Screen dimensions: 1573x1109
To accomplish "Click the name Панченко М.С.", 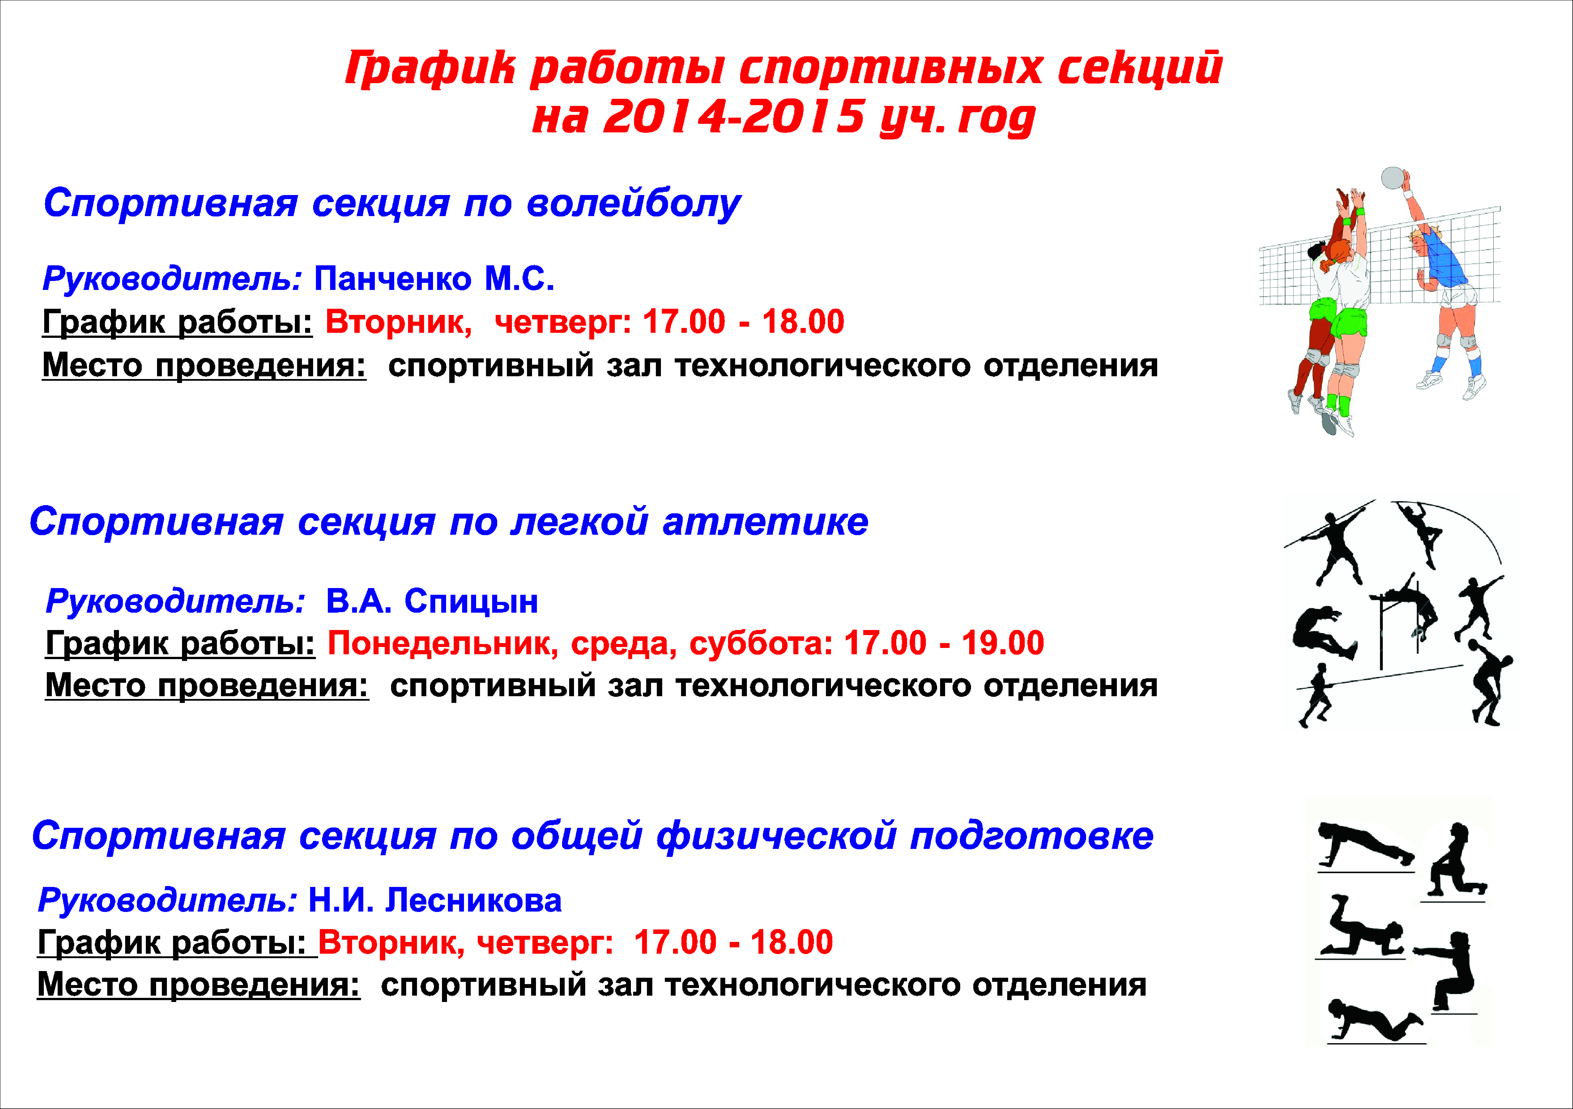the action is pos(434,279).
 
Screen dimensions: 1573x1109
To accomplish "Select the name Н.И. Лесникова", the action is pos(435,900).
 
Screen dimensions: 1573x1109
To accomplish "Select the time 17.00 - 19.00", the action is pos(944,643).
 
